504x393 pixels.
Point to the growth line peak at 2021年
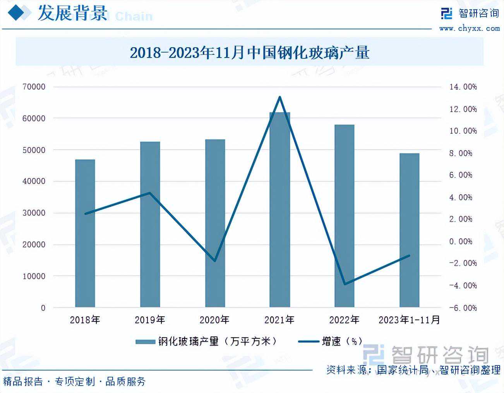pos(279,97)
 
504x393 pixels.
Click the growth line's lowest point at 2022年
pos(344,284)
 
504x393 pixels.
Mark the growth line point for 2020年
pos(215,261)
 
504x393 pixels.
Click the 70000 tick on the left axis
pos(34,87)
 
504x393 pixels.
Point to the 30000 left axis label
pos(34,213)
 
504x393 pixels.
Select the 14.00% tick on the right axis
pos(463,87)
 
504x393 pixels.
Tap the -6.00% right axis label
pos(463,308)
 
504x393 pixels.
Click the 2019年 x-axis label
pos(150,320)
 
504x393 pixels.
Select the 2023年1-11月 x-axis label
pos(409,320)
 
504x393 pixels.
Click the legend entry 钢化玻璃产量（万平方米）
pos(207,341)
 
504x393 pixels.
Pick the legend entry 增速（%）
pos(331,341)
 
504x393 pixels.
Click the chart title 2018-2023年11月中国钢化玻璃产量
pos(250,52)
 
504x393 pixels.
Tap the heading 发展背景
pos(72,13)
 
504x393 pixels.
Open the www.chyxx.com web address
pos(469,28)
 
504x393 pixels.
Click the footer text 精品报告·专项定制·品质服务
pos(74,382)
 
